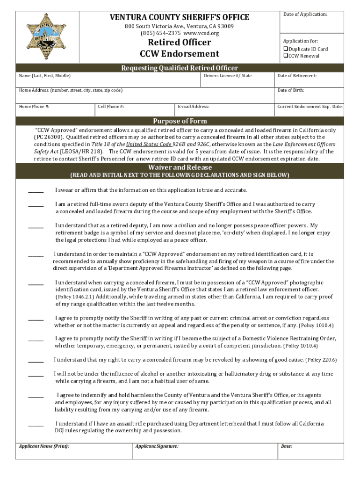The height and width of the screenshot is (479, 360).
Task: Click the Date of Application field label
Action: pyautogui.click(x=305, y=15)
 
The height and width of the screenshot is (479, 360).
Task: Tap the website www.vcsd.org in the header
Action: pyautogui.click(x=202, y=33)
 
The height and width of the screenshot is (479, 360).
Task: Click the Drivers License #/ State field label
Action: pyautogui.click(x=228, y=76)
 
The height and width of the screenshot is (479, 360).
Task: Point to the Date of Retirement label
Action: pyautogui.click(x=297, y=76)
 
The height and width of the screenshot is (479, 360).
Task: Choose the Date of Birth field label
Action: pyautogui.click(x=291, y=90)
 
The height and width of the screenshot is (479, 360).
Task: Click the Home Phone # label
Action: pyautogui.click(x=34, y=107)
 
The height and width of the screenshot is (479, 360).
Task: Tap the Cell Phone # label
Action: pyautogui.click(x=111, y=107)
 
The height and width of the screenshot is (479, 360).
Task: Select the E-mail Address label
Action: pyautogui.click(x=194, y=107)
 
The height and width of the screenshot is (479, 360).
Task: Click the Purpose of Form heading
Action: pyautogui.click(x=180, y=121)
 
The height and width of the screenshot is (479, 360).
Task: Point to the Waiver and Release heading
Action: pyautogui.click(x=180, y=167)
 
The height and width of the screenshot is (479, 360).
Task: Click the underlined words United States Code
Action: pyautogui.click(x=146, y=145)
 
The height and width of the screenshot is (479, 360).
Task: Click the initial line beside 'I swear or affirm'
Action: pyautogui.click(x=36, y=191)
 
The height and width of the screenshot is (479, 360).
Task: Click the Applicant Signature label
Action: pyautogui.click(x=157, y=446)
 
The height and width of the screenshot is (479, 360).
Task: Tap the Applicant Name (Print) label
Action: pyautogui.click(x=44, y=446)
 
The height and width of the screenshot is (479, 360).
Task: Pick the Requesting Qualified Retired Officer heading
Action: pyautogui.click(x=180, y=68)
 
